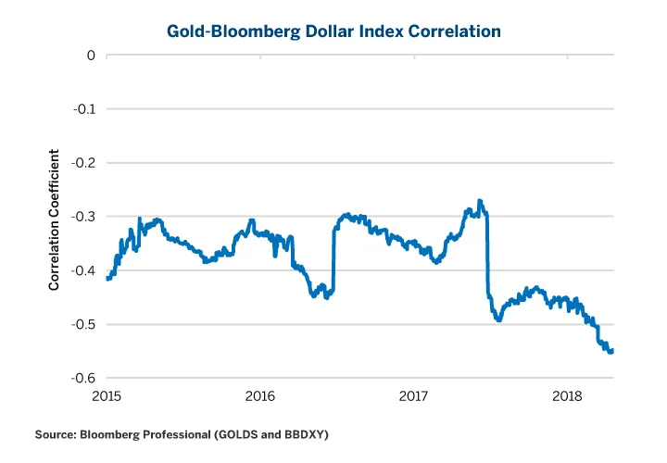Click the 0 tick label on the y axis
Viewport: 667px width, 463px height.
(92, 56)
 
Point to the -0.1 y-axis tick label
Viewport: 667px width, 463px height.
(85, 109)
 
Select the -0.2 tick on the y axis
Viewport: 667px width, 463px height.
(85, 163)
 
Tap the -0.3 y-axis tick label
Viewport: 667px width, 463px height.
(85, 217)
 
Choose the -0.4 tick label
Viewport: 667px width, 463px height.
(85, 270)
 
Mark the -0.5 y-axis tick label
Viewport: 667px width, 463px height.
(85, 324)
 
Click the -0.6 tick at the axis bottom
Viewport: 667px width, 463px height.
(85, 378)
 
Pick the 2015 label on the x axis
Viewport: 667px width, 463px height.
(107, 397)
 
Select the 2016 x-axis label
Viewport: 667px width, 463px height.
(260, 397)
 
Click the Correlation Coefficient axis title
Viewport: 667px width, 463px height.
(55, 219)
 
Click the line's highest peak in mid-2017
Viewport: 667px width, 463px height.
(479, 201)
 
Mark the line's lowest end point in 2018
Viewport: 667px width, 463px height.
(611, 352)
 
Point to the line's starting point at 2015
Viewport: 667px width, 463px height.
(107, 278)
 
